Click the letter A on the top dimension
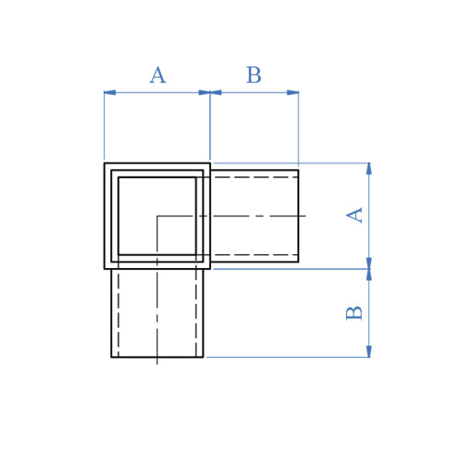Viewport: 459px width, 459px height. pos(158,76)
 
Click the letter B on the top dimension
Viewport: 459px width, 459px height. pos(253,76)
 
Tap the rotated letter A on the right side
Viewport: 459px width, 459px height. pos(355,215)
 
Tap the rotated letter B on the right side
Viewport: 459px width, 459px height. pos(355,312)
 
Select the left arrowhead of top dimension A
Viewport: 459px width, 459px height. pos(109,92)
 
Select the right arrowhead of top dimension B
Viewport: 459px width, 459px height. pos(293,92)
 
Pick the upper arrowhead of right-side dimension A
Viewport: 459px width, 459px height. pos(369,169)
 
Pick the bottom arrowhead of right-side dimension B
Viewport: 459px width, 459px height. pos(369,352)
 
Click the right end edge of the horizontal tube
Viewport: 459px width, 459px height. pos(298,216)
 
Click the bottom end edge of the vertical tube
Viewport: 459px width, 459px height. pos(157,357)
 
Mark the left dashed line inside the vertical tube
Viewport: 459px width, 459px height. pos(118,312)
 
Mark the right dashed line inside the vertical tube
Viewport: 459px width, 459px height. pos(196,312)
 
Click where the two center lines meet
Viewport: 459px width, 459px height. pos(157,216)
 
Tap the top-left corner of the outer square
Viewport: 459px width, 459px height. pos(105,163)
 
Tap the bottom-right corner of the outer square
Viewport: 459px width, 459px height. pos(210,268)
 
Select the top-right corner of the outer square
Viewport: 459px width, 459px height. pos(210,163)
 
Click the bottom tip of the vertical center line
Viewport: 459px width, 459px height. pos(157,364)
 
